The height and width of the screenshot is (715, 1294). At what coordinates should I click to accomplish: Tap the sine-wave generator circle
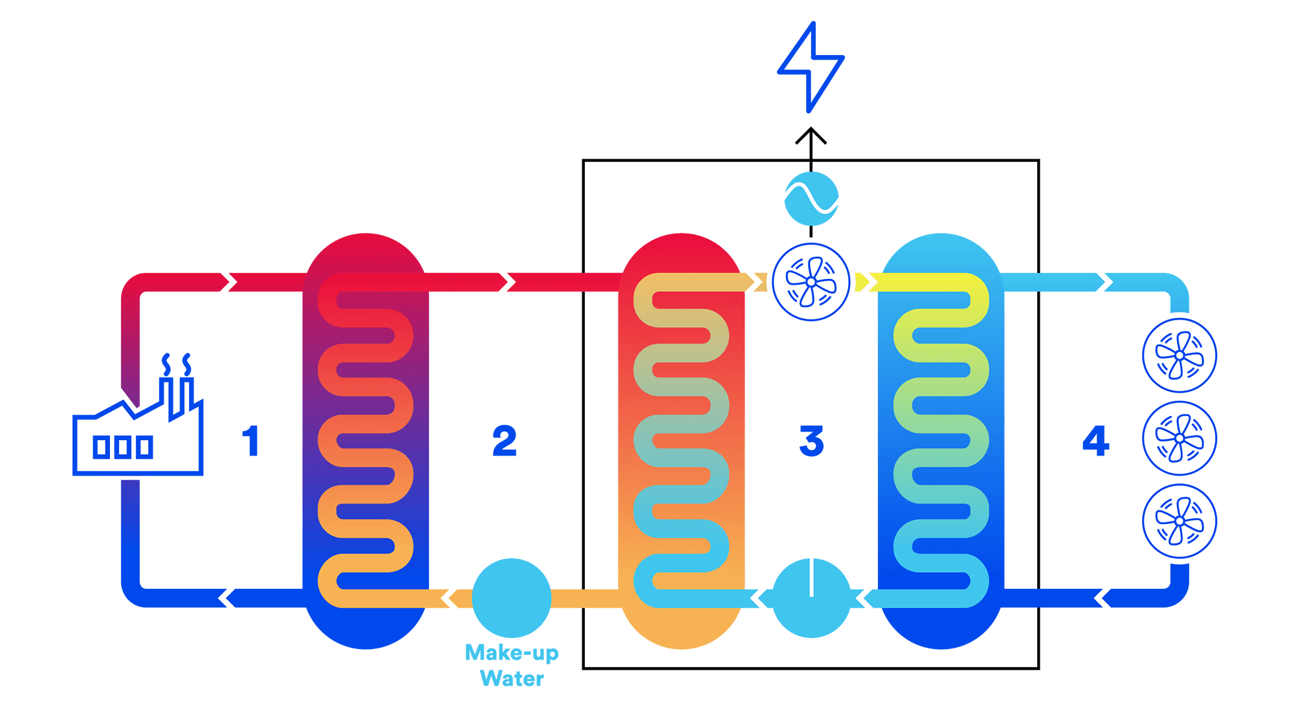click(x=811, y=198)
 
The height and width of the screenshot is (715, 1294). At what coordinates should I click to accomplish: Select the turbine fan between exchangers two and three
click(x=811, y=282)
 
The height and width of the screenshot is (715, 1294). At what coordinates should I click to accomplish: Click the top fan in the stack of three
click(x=1179, y=355)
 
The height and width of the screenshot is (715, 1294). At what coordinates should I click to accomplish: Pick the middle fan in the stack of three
click(x=1179, y=438)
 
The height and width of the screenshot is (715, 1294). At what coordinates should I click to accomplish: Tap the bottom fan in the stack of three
click(x=1179, y=521)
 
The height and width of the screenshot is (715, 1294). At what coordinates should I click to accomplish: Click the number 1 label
click(x=251, y=441)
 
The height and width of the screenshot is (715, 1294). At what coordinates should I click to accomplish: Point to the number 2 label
click(x=504, y=441)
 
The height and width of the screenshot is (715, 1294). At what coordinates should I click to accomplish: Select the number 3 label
click(x=811, y=441)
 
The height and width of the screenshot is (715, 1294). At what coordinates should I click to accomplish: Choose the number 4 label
click(x=1095, y=441)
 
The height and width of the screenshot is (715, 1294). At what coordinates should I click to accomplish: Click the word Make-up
click(x=511, y=652)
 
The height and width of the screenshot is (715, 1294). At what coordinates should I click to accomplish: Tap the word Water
click(x=511, y=678)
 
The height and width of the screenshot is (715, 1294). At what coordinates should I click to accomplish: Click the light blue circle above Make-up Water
click(x=511, y=597)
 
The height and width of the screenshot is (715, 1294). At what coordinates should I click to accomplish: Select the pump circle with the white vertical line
click(x=811, y=597)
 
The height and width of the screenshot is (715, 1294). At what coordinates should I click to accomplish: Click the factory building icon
click(x=138, y=434)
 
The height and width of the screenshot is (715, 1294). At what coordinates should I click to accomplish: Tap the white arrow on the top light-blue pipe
click(x=1100, y=282)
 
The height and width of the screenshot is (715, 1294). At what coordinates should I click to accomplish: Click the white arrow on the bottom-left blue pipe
click(x=231, y=598)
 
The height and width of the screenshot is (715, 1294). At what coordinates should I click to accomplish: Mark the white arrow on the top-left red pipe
click(x=225, y=282)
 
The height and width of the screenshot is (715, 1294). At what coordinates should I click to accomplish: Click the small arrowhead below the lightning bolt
click(x=810, y=138)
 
